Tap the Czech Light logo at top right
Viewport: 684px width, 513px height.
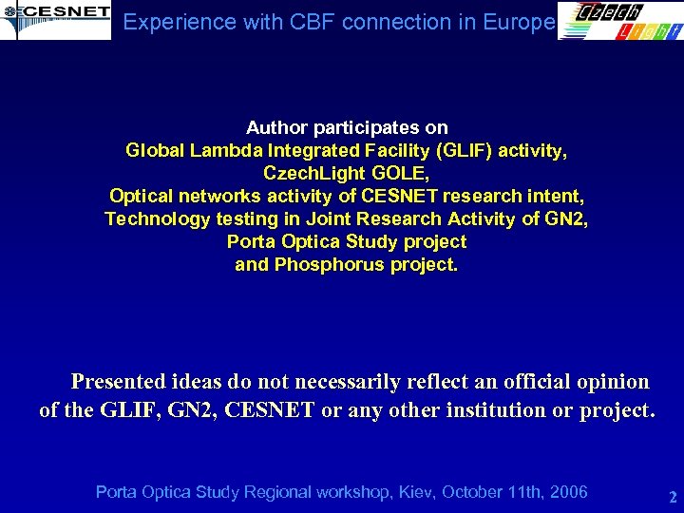coord(618,21)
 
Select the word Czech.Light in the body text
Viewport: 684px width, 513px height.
coord(310,173)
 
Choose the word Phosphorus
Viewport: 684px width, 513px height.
coord(318,264)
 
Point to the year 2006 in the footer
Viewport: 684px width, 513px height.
coord(568,492)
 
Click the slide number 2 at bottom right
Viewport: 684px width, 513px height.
coord(672,497)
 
